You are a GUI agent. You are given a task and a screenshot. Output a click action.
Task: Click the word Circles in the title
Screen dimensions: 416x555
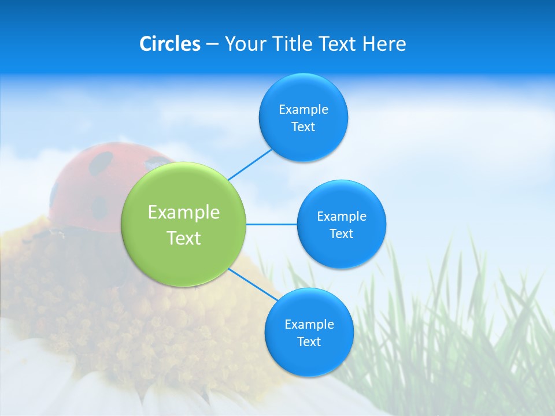point(169,44)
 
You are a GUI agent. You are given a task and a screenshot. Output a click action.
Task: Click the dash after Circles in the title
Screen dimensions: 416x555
point(212,44)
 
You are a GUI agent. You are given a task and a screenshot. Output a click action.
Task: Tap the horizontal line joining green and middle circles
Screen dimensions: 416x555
point(271,224)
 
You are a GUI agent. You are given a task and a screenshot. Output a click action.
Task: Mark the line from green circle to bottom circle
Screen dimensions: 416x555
point(253,284)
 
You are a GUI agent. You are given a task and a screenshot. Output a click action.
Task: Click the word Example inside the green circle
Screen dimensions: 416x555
point(184,213)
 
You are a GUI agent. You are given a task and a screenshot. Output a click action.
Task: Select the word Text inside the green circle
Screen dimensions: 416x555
point(184,238)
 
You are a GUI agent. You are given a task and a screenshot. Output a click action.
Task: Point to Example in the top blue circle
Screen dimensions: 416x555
point(304,110)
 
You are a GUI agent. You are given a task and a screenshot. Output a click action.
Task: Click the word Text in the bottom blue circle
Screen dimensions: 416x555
point(309,341)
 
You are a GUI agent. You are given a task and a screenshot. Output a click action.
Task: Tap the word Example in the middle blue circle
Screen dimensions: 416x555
point(342,217)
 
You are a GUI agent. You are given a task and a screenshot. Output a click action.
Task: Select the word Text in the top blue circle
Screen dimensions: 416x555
point(303,127)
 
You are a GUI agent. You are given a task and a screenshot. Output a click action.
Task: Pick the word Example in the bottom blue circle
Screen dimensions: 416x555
point(309,324)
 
